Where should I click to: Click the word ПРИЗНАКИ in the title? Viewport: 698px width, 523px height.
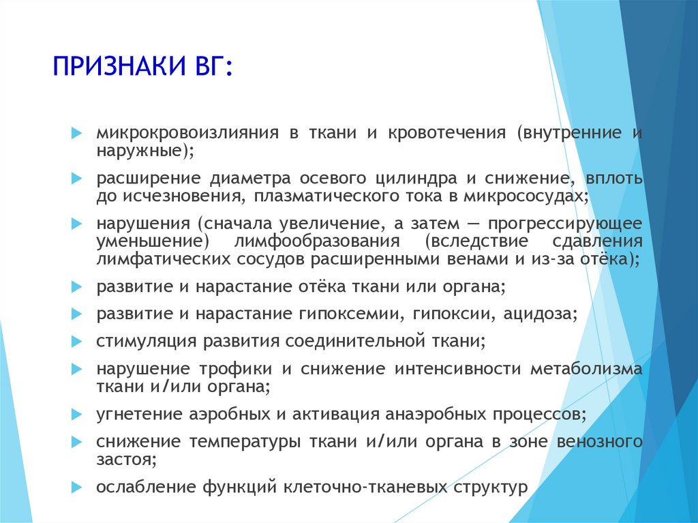pyautogui.click(x=119, y=66)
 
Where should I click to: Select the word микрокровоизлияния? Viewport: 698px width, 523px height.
pyautogui.click(x=187, y=133)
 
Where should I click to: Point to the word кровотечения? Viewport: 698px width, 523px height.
pyautogui.click(x=447, y=133)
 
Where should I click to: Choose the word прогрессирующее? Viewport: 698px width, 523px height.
pyautogui.click(x=565, y=224)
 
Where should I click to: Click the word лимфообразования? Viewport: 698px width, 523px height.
pyautogui.click(x=316, y=242)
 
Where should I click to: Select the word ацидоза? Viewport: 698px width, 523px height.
pyautogui.click(x=537, y=314)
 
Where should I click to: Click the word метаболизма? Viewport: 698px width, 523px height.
pyautogui.click(x=586, y=369)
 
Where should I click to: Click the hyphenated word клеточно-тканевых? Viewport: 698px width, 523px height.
pyautogui.click(x=365, y=486)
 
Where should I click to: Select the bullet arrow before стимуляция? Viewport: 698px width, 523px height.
pyautogui.click(x=76, y=342)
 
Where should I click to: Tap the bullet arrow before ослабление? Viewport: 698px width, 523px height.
pyautogui.click(x=76, y=487)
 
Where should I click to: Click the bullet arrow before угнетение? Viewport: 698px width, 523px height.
pyautogui.click(x=76, y=415)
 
